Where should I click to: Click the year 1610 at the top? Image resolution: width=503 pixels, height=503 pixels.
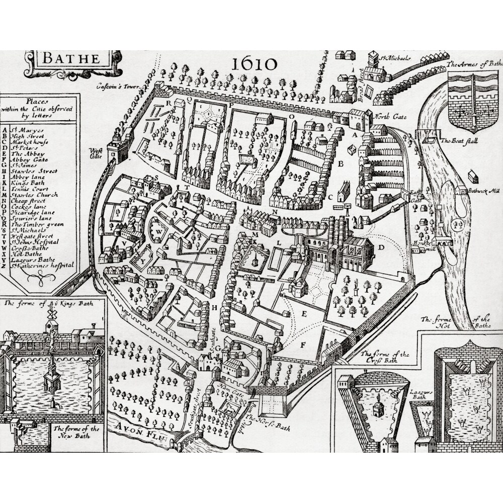[x=255, y=64]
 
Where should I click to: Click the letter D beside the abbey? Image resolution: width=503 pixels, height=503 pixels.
[x=381, y=247]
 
